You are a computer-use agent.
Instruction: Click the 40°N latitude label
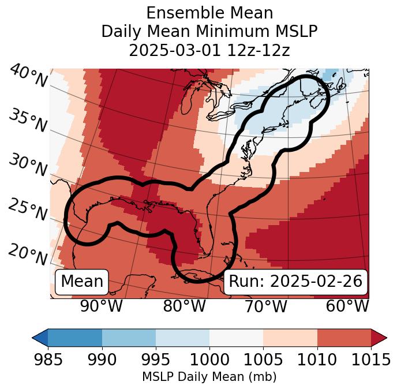(x=28, y=76)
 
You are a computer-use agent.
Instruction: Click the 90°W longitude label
(x=102, y=306)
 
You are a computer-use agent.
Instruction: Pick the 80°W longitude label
(x=184, y=306)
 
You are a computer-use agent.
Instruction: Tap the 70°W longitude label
(x=265, y=306)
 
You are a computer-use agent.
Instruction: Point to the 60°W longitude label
(x=347, y=306)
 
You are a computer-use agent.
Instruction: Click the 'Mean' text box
(x=82, y=282)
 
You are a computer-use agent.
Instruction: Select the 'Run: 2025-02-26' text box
(x=295, y=282)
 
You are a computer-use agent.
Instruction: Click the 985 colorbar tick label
(x=48, y=360)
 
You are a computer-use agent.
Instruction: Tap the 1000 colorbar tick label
(x=209, y=360)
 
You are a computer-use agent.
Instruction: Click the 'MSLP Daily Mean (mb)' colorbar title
(x=209, y=377)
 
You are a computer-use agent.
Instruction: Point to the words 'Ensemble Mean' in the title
(x=209, y=13)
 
